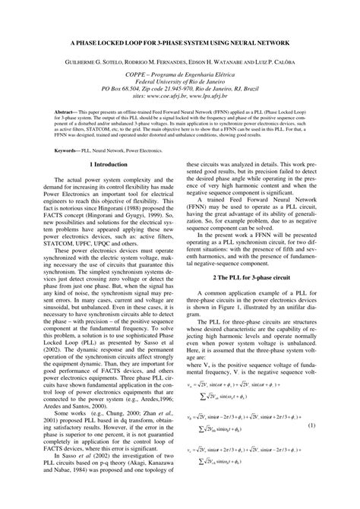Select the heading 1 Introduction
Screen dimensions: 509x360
[108, 164]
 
